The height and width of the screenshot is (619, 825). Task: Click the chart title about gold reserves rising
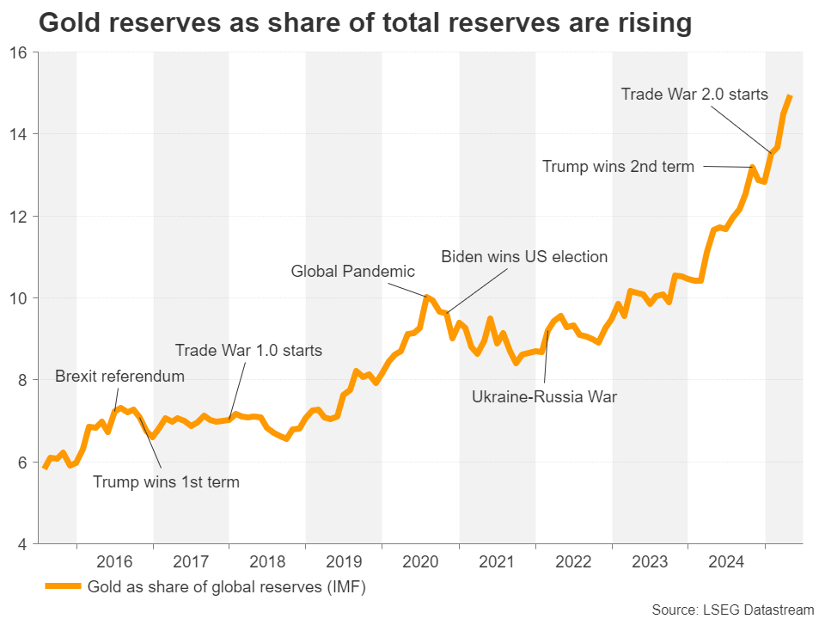click(x=364, y=23)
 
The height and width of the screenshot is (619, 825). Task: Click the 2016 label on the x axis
click(x=115, y=563)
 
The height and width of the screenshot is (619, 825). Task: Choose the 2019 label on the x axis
click(x=344, y=563)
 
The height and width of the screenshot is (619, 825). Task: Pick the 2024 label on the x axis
click(x=726, y=563)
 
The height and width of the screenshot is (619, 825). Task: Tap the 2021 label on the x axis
click(x=497, y=563)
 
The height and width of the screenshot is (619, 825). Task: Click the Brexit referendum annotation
click(x=119, y=376)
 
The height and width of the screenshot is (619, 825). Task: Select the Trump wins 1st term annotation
click(x=166, y=481)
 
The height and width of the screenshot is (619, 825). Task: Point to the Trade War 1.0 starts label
click(x=248, y=350)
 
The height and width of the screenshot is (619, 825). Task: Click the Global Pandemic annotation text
click(x=353, y=272)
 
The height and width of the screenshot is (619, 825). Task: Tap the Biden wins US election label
click(x=524, y=256)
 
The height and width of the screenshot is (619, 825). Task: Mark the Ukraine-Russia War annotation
click(x=545, y=396)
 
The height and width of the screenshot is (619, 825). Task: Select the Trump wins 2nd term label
click(x=618, y=167)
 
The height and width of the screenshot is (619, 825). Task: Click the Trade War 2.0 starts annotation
click(x=694, y=94)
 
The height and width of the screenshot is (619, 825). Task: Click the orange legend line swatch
click(x=63, y=587)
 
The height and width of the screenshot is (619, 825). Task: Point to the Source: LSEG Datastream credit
click(x=732, y=610)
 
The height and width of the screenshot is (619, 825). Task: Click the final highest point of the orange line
click(x=790, y=96)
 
